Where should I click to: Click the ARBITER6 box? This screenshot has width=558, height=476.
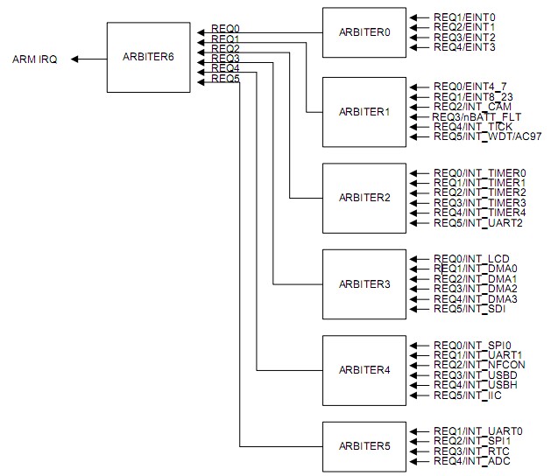point(148,58)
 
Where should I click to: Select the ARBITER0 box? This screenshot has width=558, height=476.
point(364,32)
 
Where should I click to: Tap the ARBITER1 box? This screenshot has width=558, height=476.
point(364,112)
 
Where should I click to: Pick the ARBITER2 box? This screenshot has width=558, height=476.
point(364,198)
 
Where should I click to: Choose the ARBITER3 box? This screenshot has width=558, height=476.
point(364,284)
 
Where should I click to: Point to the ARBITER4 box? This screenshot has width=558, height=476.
point(364,370)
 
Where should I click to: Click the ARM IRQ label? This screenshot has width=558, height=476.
point(34,59)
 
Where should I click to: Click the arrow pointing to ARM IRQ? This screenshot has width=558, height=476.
point(88,59)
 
